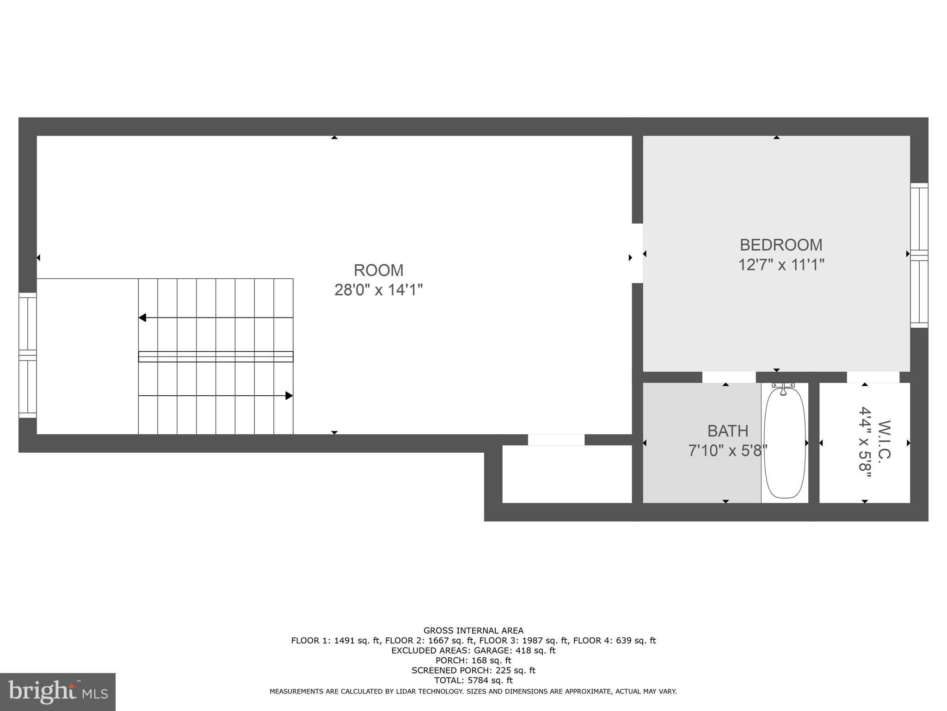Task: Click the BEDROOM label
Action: pos(781,245)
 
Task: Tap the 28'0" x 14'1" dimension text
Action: pos(379,290)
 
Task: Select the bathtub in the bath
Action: pos(785,443)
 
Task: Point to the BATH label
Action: pos(728,431)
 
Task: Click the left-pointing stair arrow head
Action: pos(142,318)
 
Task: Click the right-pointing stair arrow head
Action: pos(289,396)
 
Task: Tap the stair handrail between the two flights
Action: pos(215,356)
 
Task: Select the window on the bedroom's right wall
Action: pos(919,256)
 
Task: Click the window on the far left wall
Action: pos(27,355)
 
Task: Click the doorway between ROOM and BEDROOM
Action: pos(637,253)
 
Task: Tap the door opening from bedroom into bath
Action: pos(729,377)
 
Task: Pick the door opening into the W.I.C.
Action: pos(873,377)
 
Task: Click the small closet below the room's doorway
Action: pos(566,474)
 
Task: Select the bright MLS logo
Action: pos(58,692)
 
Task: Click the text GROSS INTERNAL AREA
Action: pos(473,630)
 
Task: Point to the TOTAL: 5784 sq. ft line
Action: pos(473,680)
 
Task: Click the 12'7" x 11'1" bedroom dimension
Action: pos(781,265)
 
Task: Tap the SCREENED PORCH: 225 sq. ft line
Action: pos(473,670)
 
